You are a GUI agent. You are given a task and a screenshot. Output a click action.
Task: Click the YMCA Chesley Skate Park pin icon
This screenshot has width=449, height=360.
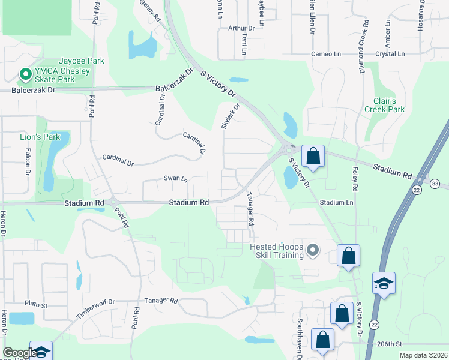click(x=25, y=74)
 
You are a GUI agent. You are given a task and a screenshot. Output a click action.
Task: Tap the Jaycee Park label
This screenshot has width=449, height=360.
click(x=81, y=61)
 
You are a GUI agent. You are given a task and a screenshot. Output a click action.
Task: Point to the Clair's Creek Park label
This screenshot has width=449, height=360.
click(x=384, y=105)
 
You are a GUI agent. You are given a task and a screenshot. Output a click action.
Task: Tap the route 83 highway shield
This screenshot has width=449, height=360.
click(x=434, y=182)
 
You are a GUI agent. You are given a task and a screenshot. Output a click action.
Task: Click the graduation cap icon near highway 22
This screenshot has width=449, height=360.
click(x=384, y=282)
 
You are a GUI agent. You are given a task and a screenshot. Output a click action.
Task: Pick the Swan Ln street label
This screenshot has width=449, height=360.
click(x=176, y=178)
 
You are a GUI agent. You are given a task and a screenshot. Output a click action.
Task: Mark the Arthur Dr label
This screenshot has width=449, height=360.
click(x=241, y=28)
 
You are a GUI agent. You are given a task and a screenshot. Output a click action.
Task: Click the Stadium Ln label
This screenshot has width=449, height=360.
click(x=336, y=203)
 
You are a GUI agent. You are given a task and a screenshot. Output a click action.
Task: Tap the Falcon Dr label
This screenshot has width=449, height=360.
click(x=28, y=161)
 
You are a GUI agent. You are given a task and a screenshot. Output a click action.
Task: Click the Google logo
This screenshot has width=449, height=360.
click(x=19, y=353)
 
